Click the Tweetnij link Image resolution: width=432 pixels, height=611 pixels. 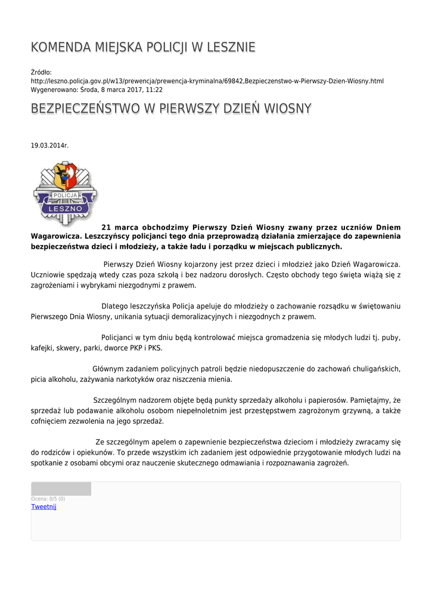[x=43, y=507]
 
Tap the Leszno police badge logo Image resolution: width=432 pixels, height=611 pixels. [x=65, y=193]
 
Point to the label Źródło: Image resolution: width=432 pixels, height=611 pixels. [x=41, y=72]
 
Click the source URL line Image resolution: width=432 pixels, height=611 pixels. [x=207, y=81]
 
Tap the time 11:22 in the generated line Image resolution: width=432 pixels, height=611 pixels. [x=154, y=90]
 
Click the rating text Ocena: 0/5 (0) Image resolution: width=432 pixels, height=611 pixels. [x=48, y=499]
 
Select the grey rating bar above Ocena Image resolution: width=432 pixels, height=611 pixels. [x=61, y=489]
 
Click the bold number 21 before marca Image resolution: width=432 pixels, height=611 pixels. [x=107, y=227]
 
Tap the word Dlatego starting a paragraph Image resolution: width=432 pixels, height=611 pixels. [x=115, y=307]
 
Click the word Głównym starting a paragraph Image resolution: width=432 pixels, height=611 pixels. [x=108, y=369]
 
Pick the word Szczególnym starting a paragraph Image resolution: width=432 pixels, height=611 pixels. [x=117, y=400]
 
